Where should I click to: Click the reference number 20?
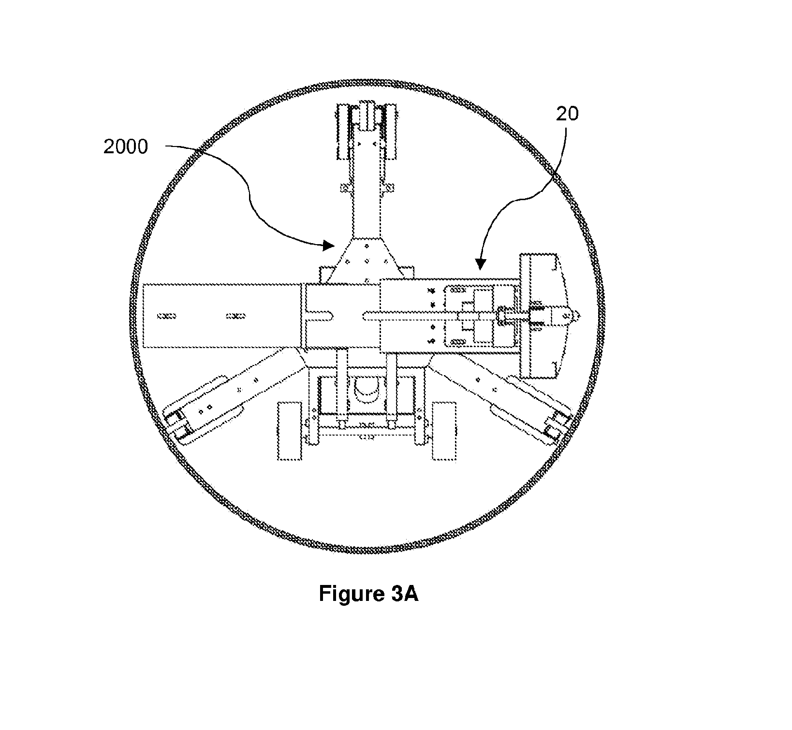(567, 114)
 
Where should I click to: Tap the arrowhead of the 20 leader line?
(480, 263)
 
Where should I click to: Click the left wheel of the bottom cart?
(289, 431)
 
